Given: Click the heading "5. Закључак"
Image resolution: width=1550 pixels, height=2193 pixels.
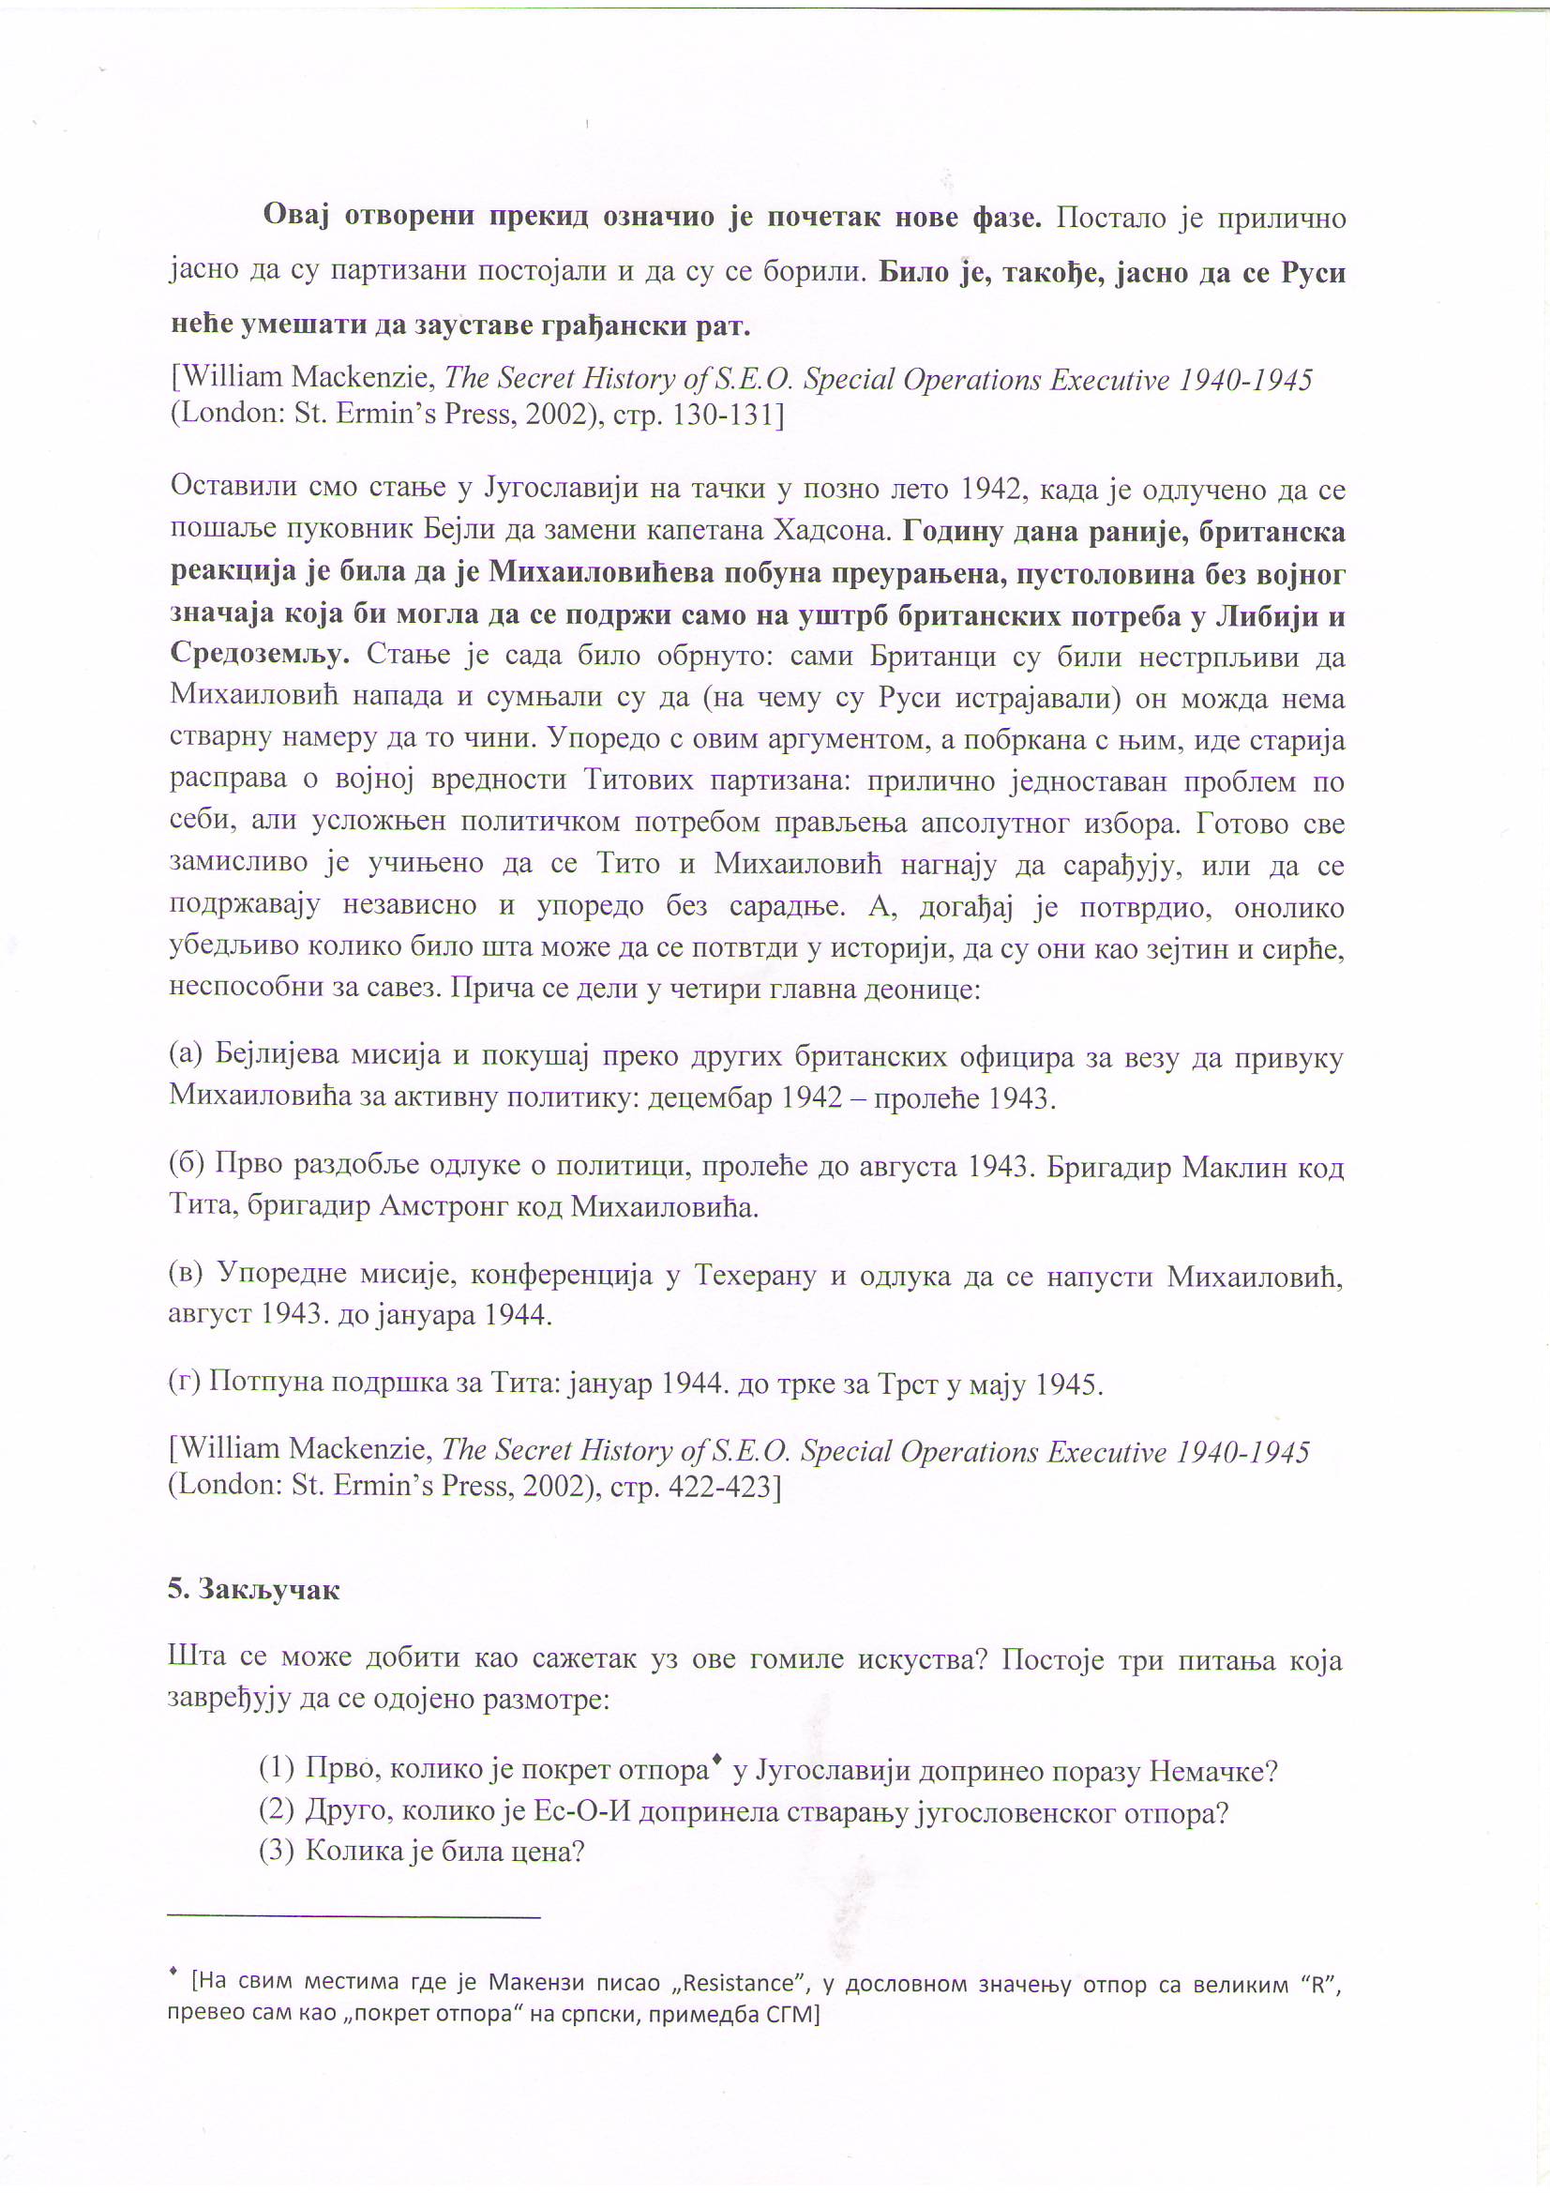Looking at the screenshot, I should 253,1589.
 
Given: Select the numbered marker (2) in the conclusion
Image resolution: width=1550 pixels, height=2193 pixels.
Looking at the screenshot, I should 277,1810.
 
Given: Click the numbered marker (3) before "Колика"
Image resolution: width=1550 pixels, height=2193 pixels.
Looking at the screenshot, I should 277,1851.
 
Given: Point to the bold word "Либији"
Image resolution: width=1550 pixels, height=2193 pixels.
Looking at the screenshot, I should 1260,616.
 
